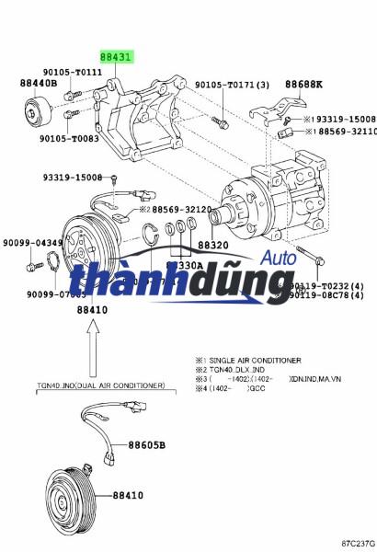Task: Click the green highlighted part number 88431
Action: tap(117, 57)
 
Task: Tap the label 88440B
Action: tap(39, 83)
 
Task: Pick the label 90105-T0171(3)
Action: tap(233, 86)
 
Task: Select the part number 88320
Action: tap(212, 246)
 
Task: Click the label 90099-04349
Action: tap(31, 244)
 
